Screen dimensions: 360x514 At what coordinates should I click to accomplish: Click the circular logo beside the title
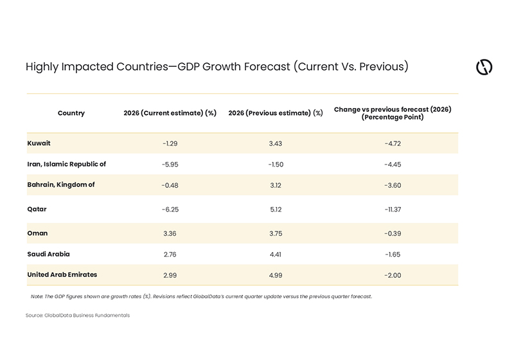click(484, 67)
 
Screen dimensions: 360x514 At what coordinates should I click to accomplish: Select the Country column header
click(71, 113)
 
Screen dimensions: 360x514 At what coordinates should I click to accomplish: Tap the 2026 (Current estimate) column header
click(170, 113)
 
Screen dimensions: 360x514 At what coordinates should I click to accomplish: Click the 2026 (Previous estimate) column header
click(275, 113)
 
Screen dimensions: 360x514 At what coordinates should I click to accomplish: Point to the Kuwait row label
click(39, 143)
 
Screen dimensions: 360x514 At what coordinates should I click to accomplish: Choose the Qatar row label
click(37, 209)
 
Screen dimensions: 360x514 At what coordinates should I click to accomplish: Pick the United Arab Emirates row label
click(62, 274)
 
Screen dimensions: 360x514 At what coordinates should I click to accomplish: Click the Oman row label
click(37, 233)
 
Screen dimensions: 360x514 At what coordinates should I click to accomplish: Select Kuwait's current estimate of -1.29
click(170, 143)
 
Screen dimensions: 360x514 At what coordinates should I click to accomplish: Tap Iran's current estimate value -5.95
click(170, 164)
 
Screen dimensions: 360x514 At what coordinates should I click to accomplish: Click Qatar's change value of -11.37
click(393, 210)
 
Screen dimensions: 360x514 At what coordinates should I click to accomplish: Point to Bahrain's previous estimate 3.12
click(275, 185)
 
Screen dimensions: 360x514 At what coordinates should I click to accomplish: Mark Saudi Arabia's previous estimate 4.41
click(275, 255)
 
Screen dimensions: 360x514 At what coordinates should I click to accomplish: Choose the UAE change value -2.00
click(393, 275)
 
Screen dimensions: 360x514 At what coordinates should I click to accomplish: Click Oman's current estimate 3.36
click(170, 233)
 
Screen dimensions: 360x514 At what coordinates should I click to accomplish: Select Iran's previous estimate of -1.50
click(275, 164)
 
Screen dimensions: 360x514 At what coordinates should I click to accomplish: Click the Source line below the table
click(78, 316)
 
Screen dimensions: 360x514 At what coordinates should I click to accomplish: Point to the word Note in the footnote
click(37, 296)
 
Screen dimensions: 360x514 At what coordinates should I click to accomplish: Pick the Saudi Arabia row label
click(48, 254)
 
